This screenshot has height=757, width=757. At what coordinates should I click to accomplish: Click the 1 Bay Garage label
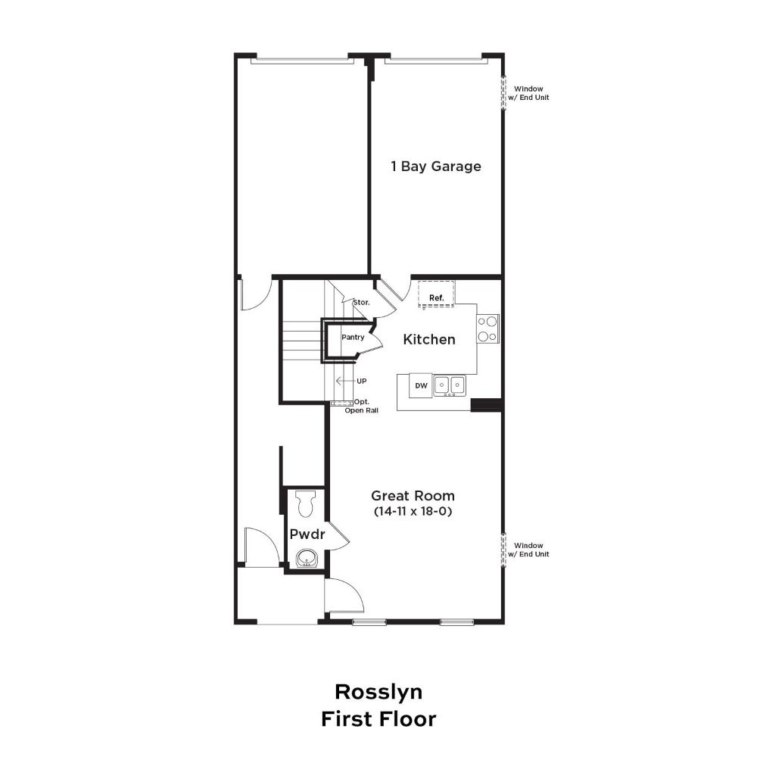[x=436, y=167]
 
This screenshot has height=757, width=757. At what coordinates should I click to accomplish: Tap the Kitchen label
[x=429, y=339]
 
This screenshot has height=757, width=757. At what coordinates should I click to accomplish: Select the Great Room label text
[x=413, y=496]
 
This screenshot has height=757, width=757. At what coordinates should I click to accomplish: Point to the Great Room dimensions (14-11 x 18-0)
[x=413, y=511]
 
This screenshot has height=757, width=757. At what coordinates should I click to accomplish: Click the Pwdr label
[x=307, y=534]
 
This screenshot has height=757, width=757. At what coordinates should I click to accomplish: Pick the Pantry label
[x=353, y=337]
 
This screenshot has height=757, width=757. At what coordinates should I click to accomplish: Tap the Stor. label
[x=362, y=302]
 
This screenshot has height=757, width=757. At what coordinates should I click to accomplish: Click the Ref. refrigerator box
[x=437, y=293]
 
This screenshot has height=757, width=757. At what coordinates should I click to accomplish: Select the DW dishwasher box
[x=421, y=386]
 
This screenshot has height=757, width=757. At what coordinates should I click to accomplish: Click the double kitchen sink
[x=450, y=386]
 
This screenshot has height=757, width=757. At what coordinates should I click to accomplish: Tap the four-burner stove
[x=488, y=329]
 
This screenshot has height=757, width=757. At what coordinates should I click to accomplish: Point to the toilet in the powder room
[x=305, y=503]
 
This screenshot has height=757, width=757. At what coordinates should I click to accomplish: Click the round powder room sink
[x=307, y=559]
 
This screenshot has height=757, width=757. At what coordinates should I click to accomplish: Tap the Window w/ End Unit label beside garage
[x=528, y=93]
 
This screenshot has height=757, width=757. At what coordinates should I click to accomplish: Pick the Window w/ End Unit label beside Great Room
[x=528, y=550]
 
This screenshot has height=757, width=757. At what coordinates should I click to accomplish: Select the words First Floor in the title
[x=378, y=719]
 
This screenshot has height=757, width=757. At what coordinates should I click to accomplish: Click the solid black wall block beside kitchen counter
[x=487, y=405]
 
